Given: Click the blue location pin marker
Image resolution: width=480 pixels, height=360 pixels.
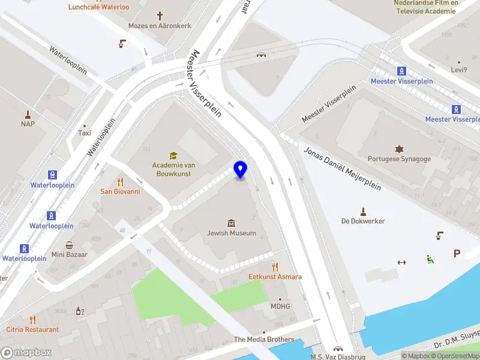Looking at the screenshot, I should (240, 170).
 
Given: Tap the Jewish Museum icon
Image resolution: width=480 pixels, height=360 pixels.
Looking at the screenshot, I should (232, 223).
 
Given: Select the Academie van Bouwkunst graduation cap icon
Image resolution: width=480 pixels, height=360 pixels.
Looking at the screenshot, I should (173, 155).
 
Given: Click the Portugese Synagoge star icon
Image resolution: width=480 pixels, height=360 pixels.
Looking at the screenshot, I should (399, 148).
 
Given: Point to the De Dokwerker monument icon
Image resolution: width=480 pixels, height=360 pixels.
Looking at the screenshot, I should (362, 211).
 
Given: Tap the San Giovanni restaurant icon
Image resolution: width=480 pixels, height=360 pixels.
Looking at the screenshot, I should (120, 181).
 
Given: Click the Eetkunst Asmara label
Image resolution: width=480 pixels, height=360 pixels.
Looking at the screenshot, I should (275, 277).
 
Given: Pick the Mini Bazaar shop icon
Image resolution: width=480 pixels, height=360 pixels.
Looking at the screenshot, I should (70, 245).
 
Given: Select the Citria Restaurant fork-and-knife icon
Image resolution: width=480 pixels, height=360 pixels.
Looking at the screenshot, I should (32, 320).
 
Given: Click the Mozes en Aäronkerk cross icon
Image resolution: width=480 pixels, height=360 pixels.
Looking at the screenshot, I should (160, 16).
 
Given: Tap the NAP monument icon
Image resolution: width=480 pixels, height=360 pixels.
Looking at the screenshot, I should (28, 113).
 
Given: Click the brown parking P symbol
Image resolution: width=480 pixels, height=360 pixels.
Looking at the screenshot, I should (457, 254).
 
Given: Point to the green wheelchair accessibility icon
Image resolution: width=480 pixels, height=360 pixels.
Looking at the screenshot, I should (430, 259).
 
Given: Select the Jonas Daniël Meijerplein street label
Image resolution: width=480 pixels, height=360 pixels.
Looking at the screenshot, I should (342, 169).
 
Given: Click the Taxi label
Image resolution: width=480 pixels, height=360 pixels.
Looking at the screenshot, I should (85, 133).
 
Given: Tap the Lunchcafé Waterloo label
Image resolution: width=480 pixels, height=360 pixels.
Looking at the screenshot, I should (99, 7).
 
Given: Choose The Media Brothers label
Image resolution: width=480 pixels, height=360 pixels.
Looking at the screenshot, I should (264, 340).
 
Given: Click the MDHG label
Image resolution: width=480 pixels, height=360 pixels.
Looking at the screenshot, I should (280, 306).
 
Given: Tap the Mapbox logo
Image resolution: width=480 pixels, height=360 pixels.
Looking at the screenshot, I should (25, 353).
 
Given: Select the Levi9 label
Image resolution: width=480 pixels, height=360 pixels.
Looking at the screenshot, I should (459, 70).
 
